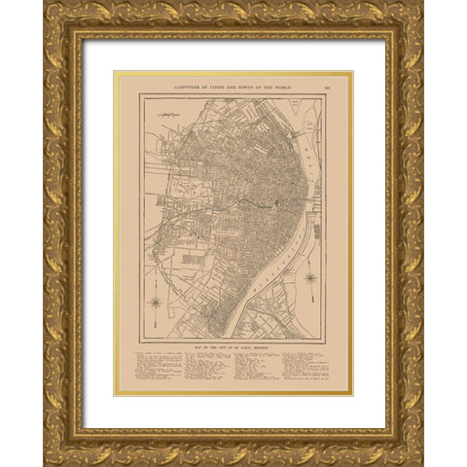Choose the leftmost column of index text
tap(161, 371)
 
